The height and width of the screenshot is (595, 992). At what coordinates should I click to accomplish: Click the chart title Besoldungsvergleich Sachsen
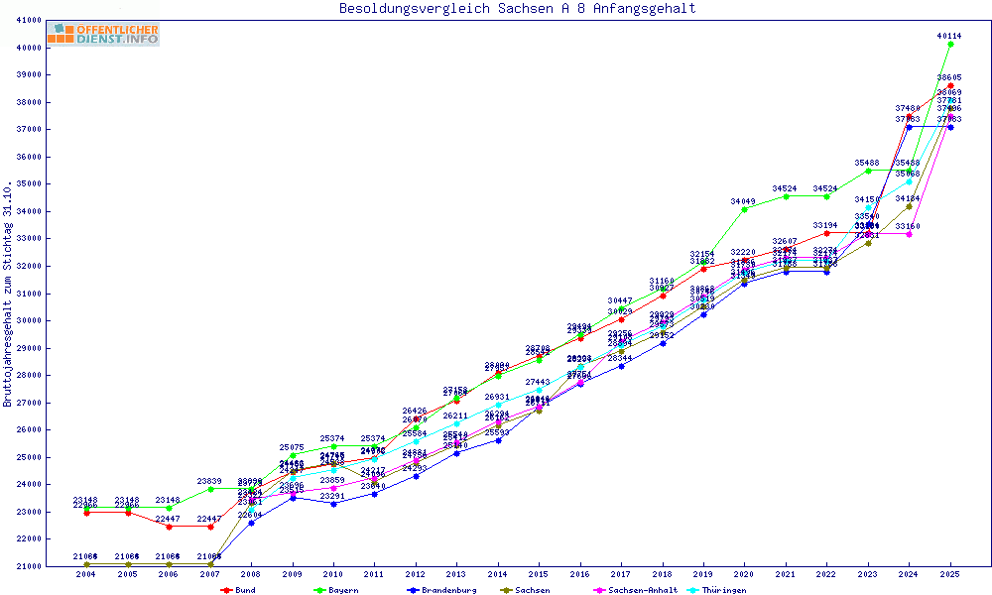coord(517,9)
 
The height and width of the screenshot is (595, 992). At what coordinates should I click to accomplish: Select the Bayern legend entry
coord(335,590)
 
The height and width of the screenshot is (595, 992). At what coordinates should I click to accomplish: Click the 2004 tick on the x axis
coord(86,574)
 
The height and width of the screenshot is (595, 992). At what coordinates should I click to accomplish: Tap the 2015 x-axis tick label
coord(539,574)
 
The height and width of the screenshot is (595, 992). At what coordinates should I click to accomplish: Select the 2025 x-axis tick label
coord(950,574)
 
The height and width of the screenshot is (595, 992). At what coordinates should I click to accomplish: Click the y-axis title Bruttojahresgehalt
coord(9,294)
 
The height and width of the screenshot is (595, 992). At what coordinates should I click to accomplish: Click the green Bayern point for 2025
coord(950,44)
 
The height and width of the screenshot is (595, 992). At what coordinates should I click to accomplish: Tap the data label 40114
coord(949,36)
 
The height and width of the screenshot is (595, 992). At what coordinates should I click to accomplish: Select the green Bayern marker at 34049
coord(744,209)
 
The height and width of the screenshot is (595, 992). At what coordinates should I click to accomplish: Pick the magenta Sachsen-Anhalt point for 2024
coord(909,235)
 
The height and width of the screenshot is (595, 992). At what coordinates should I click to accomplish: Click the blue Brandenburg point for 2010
coord(333,504)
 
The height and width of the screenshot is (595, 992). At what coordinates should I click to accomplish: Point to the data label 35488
coord(867,163)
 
